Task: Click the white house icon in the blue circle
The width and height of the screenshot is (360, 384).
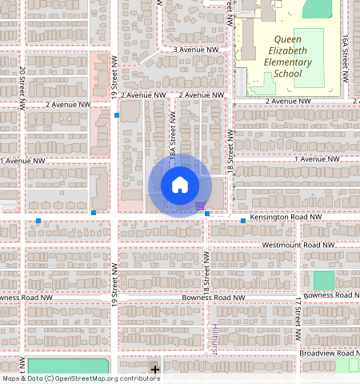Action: (180, 185)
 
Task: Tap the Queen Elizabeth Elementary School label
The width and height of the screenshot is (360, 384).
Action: (292, 56)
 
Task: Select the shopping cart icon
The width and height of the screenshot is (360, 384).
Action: (198, 206)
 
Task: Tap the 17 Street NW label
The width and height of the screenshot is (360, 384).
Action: (297, 310)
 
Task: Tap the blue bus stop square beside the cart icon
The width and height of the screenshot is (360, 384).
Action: (207, 214)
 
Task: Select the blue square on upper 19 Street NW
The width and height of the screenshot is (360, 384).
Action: (117, 115)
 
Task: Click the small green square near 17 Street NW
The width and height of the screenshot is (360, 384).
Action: (323, 281)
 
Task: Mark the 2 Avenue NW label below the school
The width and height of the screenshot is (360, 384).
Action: (287, 102)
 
